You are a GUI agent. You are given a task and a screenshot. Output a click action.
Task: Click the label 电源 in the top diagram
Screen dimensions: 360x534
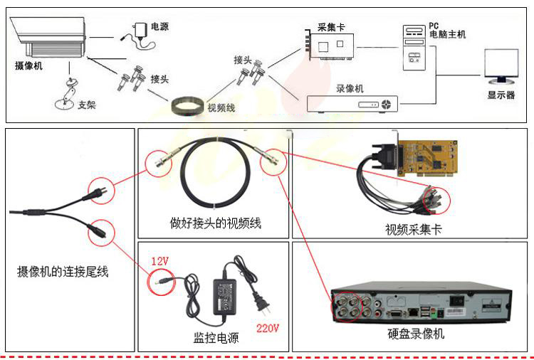click(x=160, y=27)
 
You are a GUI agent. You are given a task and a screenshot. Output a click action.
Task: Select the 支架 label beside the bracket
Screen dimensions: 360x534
click(x=87, y=105)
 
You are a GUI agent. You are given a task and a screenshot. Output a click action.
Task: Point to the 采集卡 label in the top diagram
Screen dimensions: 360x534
click(x=331, y=27)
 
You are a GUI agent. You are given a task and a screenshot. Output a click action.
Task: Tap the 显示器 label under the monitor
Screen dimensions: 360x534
click(x=501, y=95)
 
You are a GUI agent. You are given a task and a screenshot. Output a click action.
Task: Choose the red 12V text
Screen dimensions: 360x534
click(x=159, y=261)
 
